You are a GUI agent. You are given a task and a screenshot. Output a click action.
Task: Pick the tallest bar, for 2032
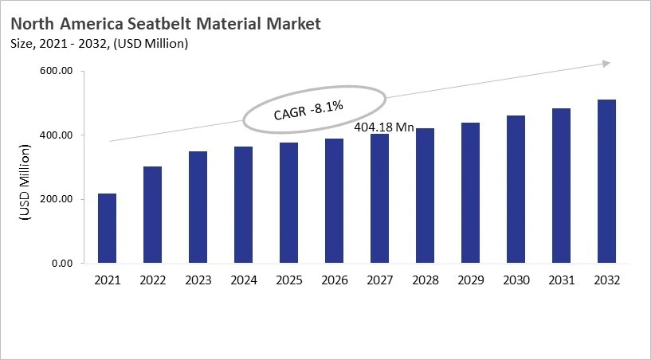pyautogui.click(x=606, y=182)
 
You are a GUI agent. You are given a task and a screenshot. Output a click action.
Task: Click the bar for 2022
pyautogui.click(x=152, y=215)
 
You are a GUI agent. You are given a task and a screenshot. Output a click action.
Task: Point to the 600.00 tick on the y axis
pyautogui.click(x=56, y=72)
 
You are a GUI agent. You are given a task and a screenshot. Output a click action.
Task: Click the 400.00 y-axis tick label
pyautogui.click(x=56, y=135)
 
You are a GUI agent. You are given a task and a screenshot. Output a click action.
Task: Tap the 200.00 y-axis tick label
pyautogui.click(x=56, y=199)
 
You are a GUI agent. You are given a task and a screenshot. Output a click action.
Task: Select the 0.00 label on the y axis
pyautogui.click(x=61, y=263)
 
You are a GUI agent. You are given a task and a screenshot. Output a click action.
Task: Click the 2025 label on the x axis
pyautogui.click(x=288, y=280)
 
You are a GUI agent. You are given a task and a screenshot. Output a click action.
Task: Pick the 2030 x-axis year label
pyautogui.click(x=516, y=280)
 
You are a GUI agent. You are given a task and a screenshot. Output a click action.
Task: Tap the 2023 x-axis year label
pyautogui.click(x=198, y=280)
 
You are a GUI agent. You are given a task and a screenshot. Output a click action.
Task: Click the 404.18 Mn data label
pyautogui.click(x=383, y=127)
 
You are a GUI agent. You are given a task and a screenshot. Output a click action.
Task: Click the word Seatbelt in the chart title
pyautogui.click(x=155, y=24)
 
